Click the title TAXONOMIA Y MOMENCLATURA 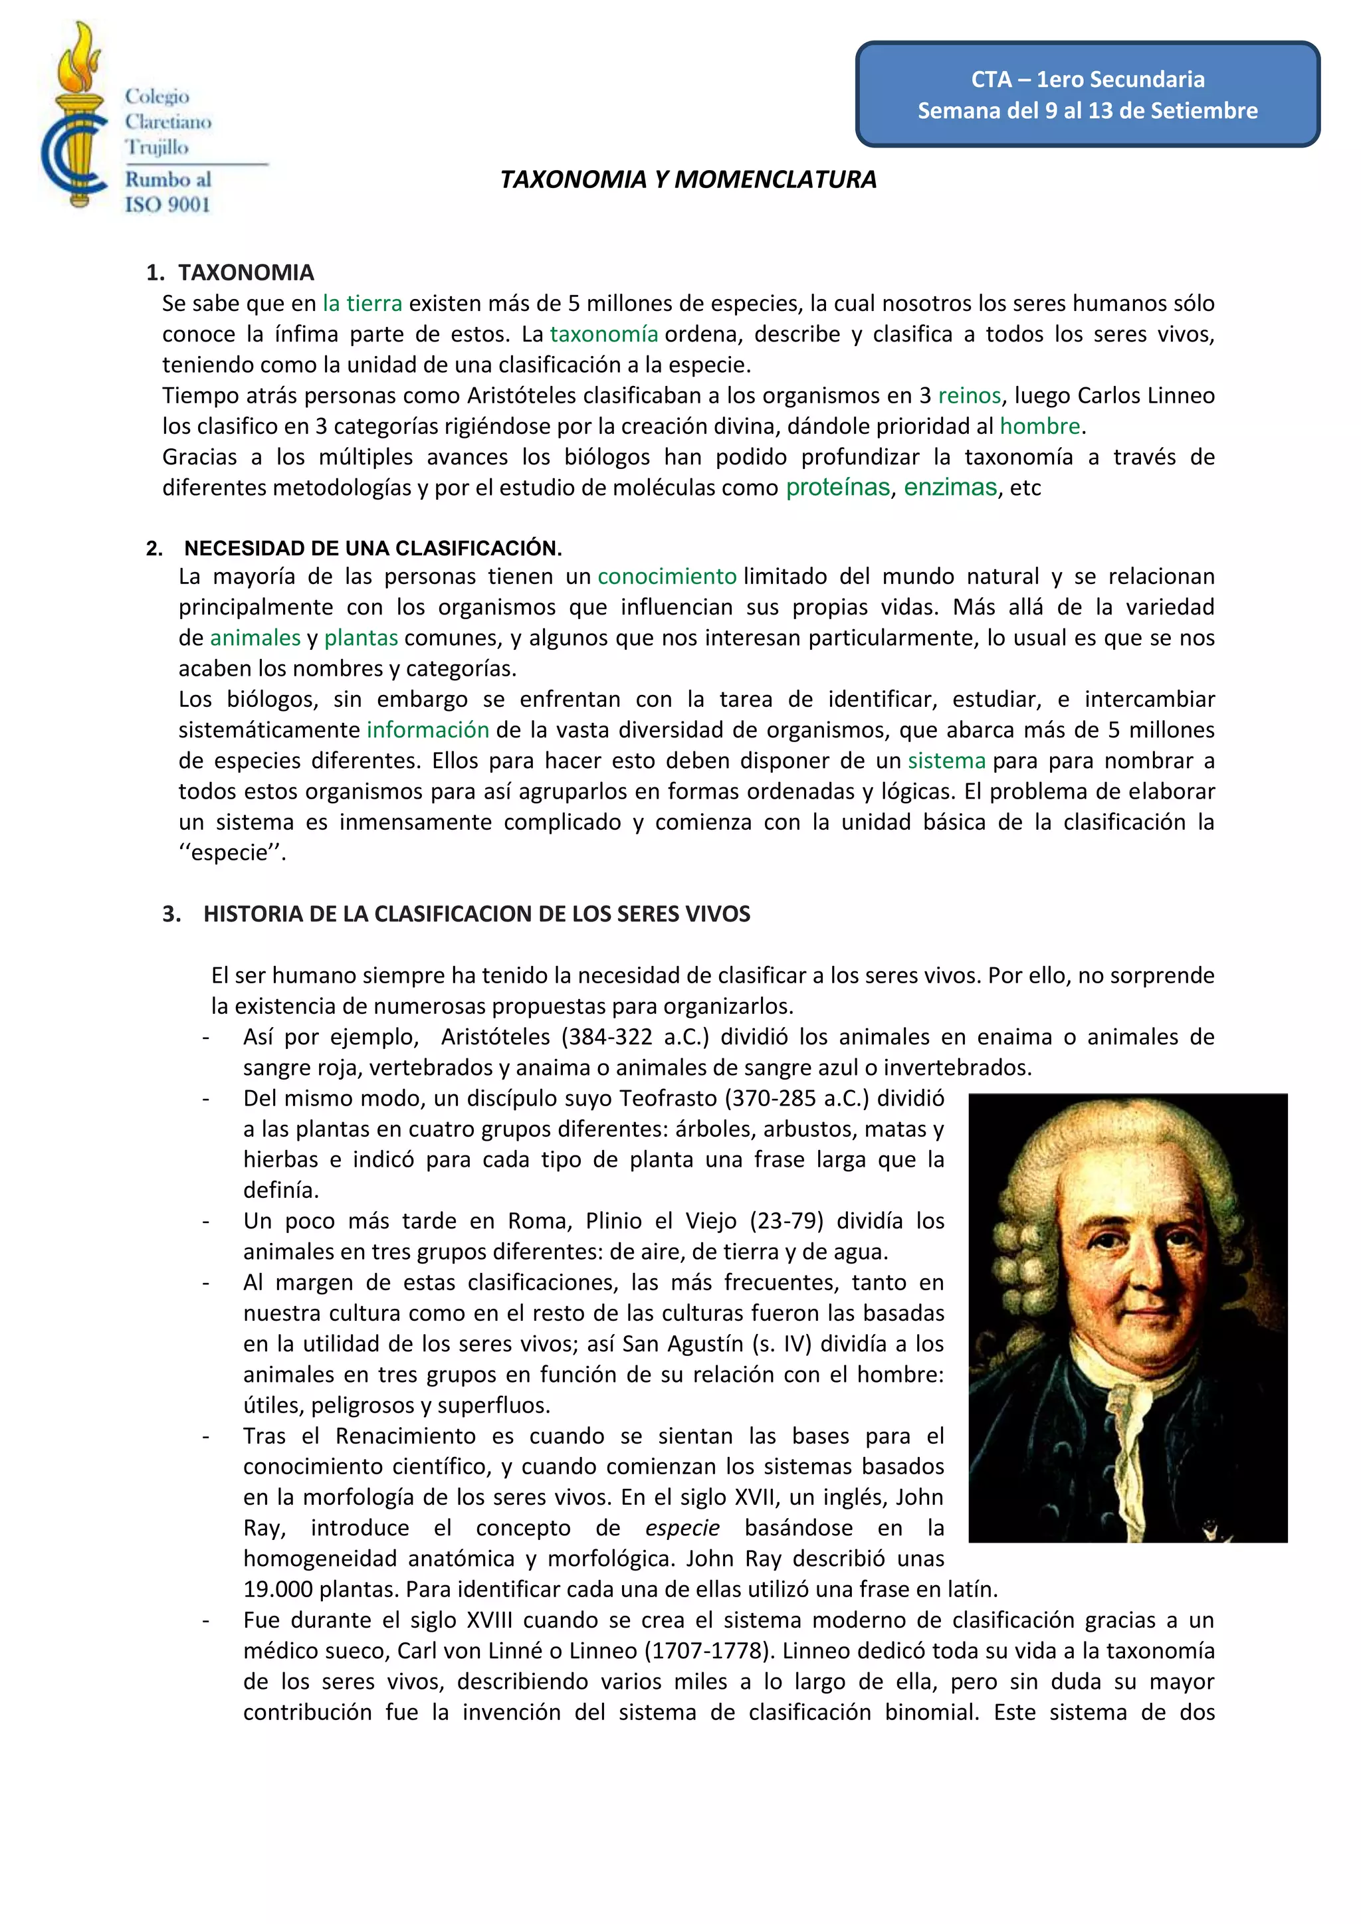coord(688,179)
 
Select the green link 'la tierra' coord(362,304)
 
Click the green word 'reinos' coord(970,395)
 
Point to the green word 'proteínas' coord(837,488)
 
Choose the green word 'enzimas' coord(950,488)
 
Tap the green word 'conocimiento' coord(667,577)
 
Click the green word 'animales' coord(255,638)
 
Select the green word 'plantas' coord(362,638)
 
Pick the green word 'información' coord(428,730)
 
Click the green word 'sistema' coord(947,761)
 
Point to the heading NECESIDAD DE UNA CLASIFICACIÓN coord(373,549)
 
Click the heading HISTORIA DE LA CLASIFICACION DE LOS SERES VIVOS coord(477,914)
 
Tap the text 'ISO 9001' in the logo coord(167,205)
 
